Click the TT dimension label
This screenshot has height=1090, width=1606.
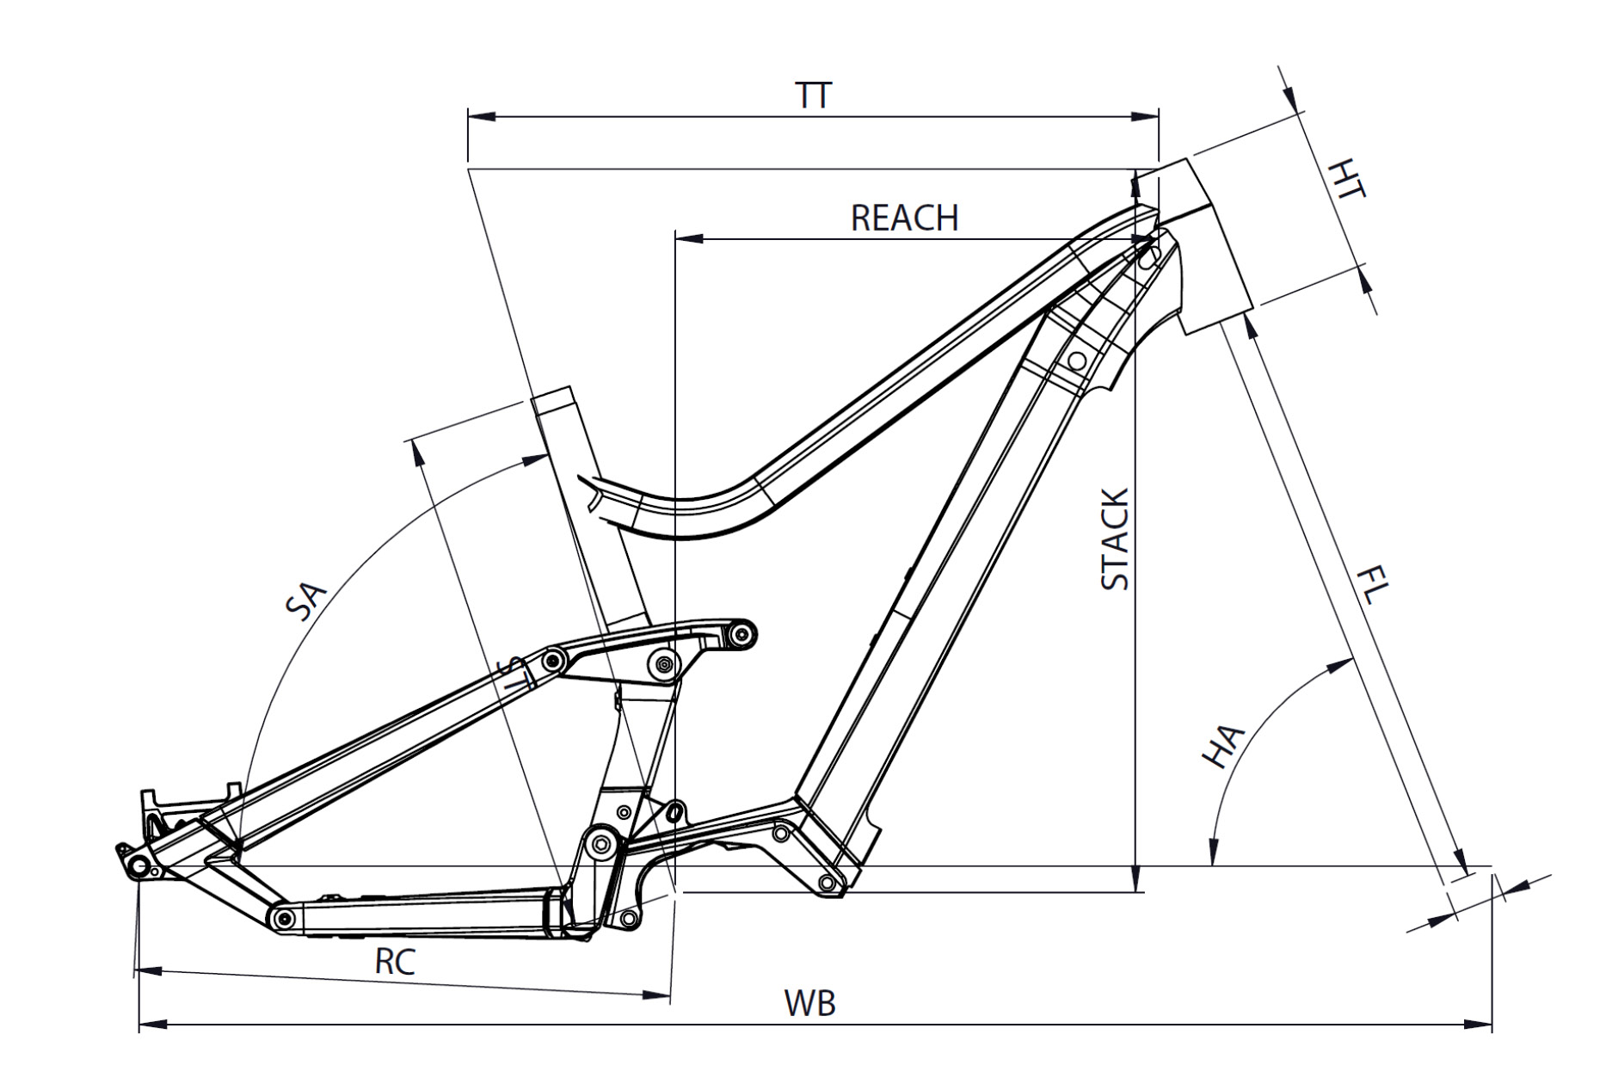814,95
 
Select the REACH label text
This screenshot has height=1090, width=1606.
904,219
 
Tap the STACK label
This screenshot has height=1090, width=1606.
1115,539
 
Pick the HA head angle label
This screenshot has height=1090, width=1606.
1223,746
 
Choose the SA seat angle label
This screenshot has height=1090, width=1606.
306,600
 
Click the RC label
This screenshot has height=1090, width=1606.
395,961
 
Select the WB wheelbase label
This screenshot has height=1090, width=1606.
809,1003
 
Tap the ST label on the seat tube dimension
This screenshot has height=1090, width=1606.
514,672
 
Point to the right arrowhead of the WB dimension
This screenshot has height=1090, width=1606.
1478,1025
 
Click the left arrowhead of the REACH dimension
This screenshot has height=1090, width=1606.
690,238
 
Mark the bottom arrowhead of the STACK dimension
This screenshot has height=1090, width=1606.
1136,878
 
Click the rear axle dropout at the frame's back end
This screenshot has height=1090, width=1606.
138,863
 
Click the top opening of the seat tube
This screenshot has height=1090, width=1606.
552,395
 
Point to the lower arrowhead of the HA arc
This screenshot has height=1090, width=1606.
1212,851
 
